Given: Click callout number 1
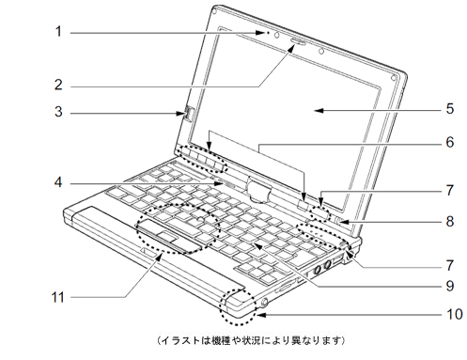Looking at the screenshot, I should [57, 31].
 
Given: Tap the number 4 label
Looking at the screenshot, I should [57, 180].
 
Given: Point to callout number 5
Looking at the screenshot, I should [449, 109].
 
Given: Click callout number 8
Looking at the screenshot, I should [449, 223].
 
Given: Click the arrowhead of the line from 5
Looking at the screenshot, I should [317, 110].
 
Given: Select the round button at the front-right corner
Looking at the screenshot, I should [263, 303].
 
